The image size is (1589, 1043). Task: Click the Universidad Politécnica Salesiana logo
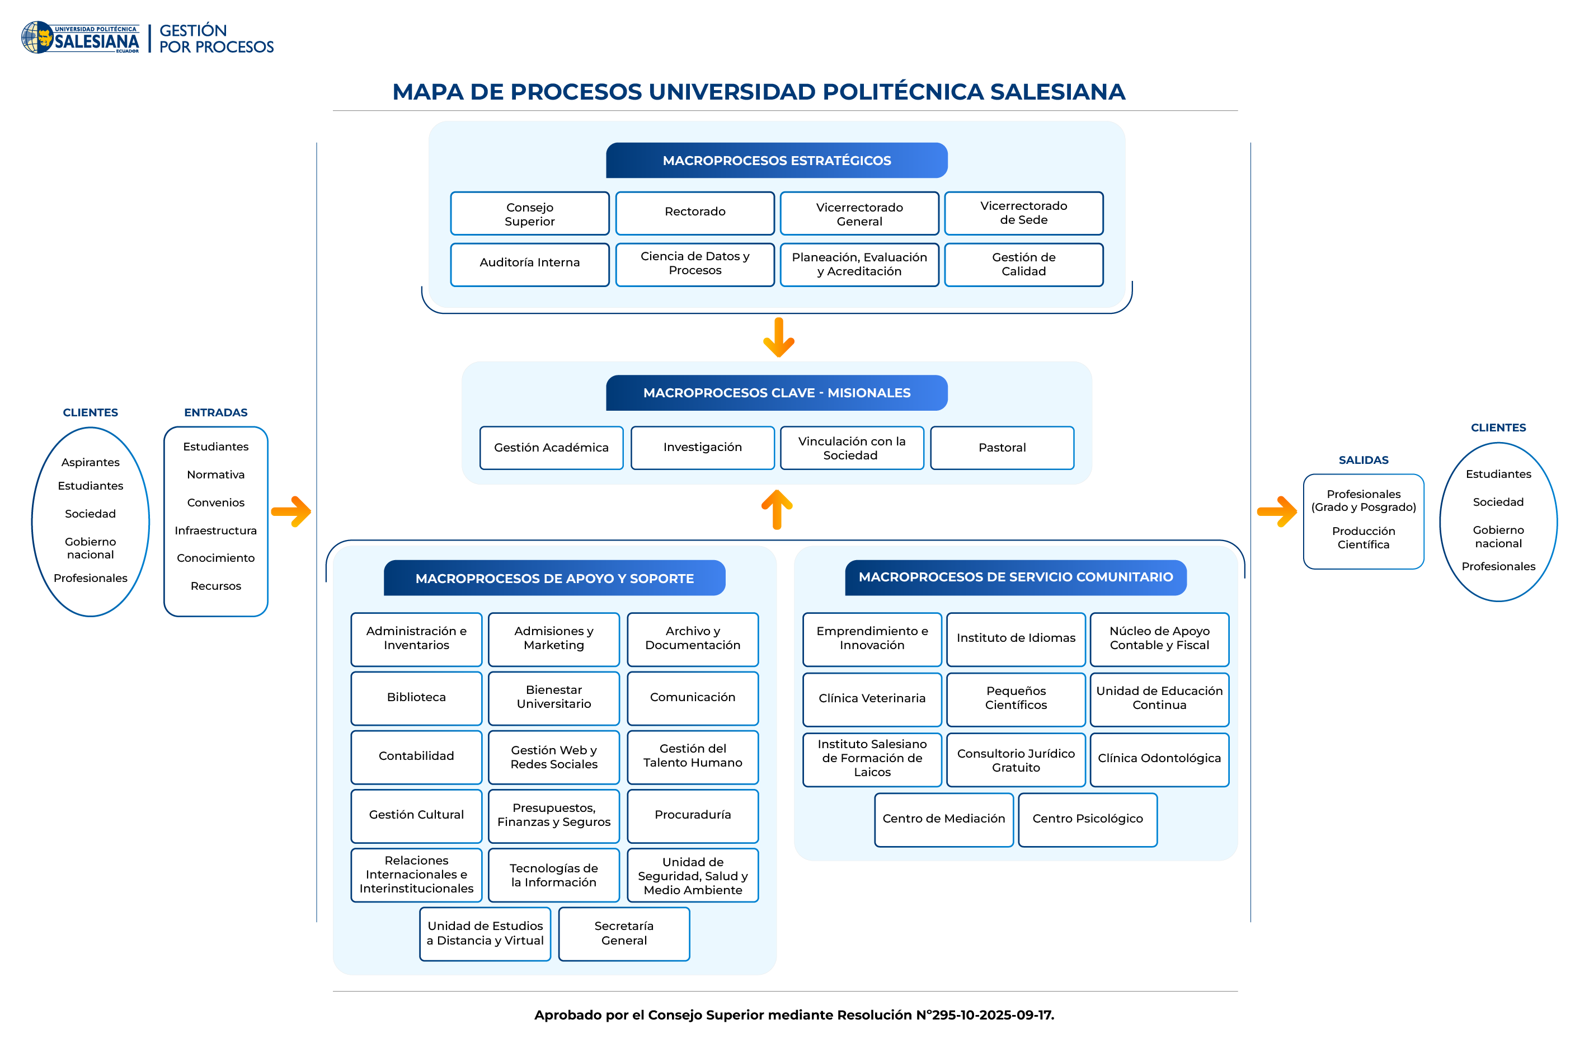pos(80,38)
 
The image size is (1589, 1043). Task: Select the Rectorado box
pos(694,212)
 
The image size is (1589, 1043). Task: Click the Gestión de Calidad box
pos(1023,265)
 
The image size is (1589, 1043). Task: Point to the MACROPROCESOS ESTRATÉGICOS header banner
pos(777,160)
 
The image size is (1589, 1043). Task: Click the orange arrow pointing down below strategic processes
pos(778,338)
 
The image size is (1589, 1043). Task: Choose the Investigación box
pos(702,448)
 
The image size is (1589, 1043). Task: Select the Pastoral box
pos(1002,448)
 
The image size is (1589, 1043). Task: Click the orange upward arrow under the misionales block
pos(777,510)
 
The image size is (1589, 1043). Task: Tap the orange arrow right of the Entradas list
pos(292,512)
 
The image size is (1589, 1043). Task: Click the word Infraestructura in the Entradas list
pos(215,531)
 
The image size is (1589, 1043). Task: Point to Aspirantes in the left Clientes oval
pos(90,462)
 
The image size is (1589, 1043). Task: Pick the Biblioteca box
pos(416,698)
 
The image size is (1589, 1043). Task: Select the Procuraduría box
pos(692,815)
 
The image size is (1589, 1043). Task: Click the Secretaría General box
pos(624,933)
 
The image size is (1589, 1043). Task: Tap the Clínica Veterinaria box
pos(872,698)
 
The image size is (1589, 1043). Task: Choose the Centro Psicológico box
pos(1087,819)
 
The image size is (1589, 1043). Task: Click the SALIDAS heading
pos(1364,460)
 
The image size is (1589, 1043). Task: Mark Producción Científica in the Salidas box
pos(1364,538)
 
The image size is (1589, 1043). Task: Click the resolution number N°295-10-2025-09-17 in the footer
pos(985,1015)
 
